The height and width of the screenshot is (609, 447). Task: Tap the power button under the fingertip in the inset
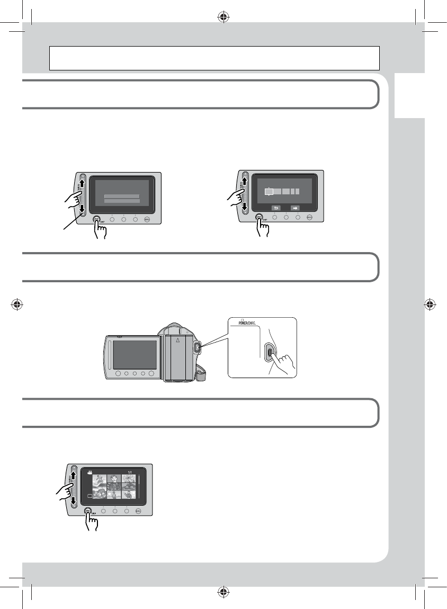[270, 352]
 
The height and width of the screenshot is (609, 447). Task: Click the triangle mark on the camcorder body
[178, 340]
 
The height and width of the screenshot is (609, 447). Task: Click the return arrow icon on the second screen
[275, 208]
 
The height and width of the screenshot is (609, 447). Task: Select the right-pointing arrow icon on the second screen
[294, 208]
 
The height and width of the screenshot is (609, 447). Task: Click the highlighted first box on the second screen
[269, 191]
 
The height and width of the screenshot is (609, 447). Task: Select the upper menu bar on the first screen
[122, 196]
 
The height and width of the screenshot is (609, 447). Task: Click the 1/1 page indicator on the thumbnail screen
[131, 471]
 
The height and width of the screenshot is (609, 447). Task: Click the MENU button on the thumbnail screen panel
[138, 511]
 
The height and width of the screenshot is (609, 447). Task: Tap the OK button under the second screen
[259, 217]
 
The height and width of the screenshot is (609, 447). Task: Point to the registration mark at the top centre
[223, 16]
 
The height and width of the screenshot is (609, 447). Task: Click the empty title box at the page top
[214, 58]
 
